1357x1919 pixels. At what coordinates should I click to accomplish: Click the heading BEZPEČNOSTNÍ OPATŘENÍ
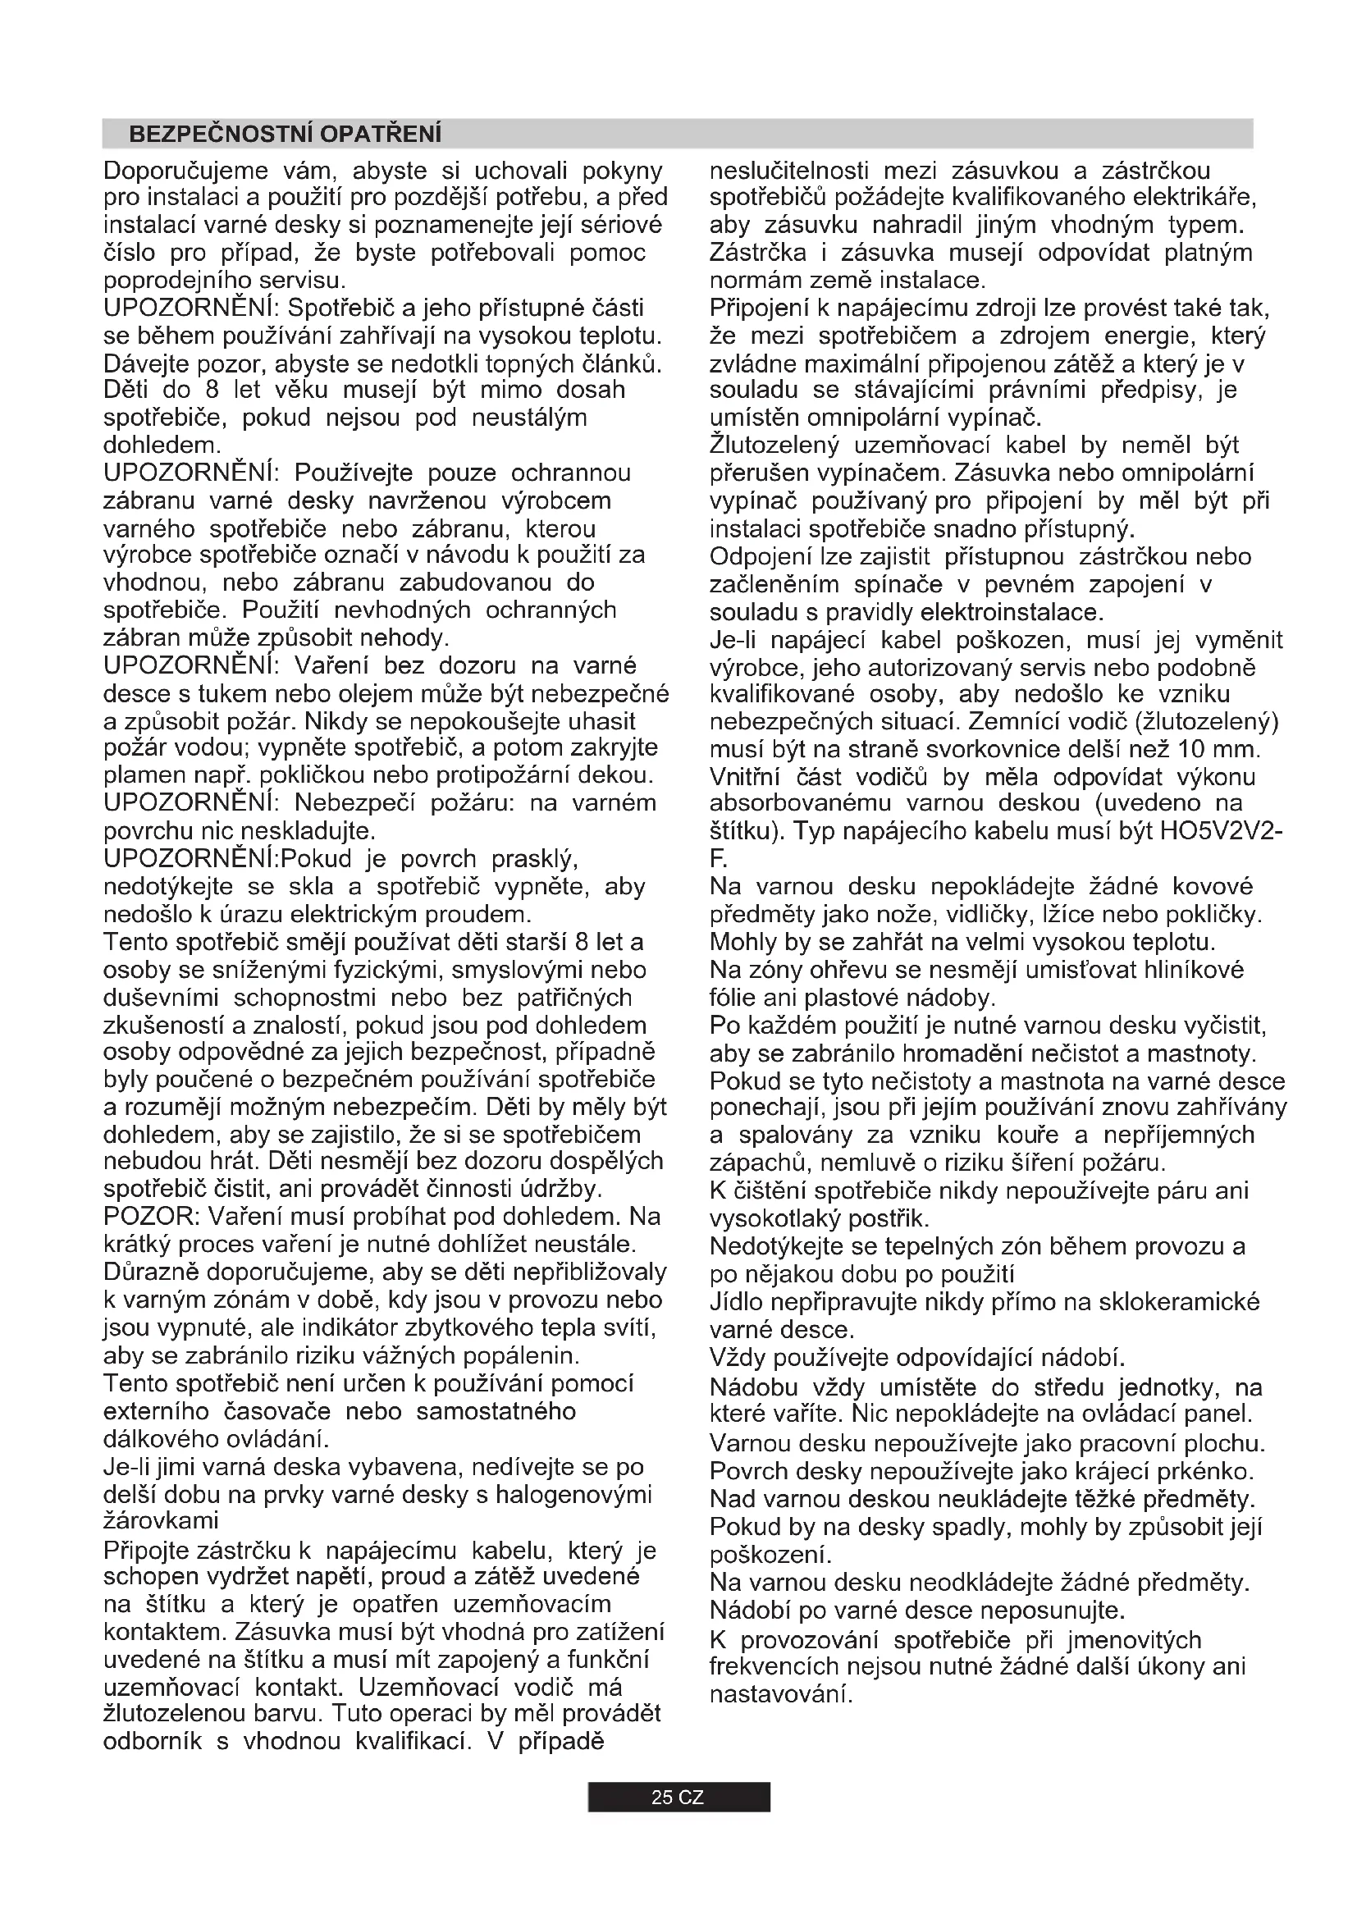pyautogui.click(x=285, y=134)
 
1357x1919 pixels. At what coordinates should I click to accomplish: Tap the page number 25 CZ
pyautogui.click(x=678, y=1798)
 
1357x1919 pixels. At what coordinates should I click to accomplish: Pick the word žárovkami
pyautogui.click(x=162, y=1520)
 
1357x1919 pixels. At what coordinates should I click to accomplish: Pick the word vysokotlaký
pyautogui.click(x=774, y=1218)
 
